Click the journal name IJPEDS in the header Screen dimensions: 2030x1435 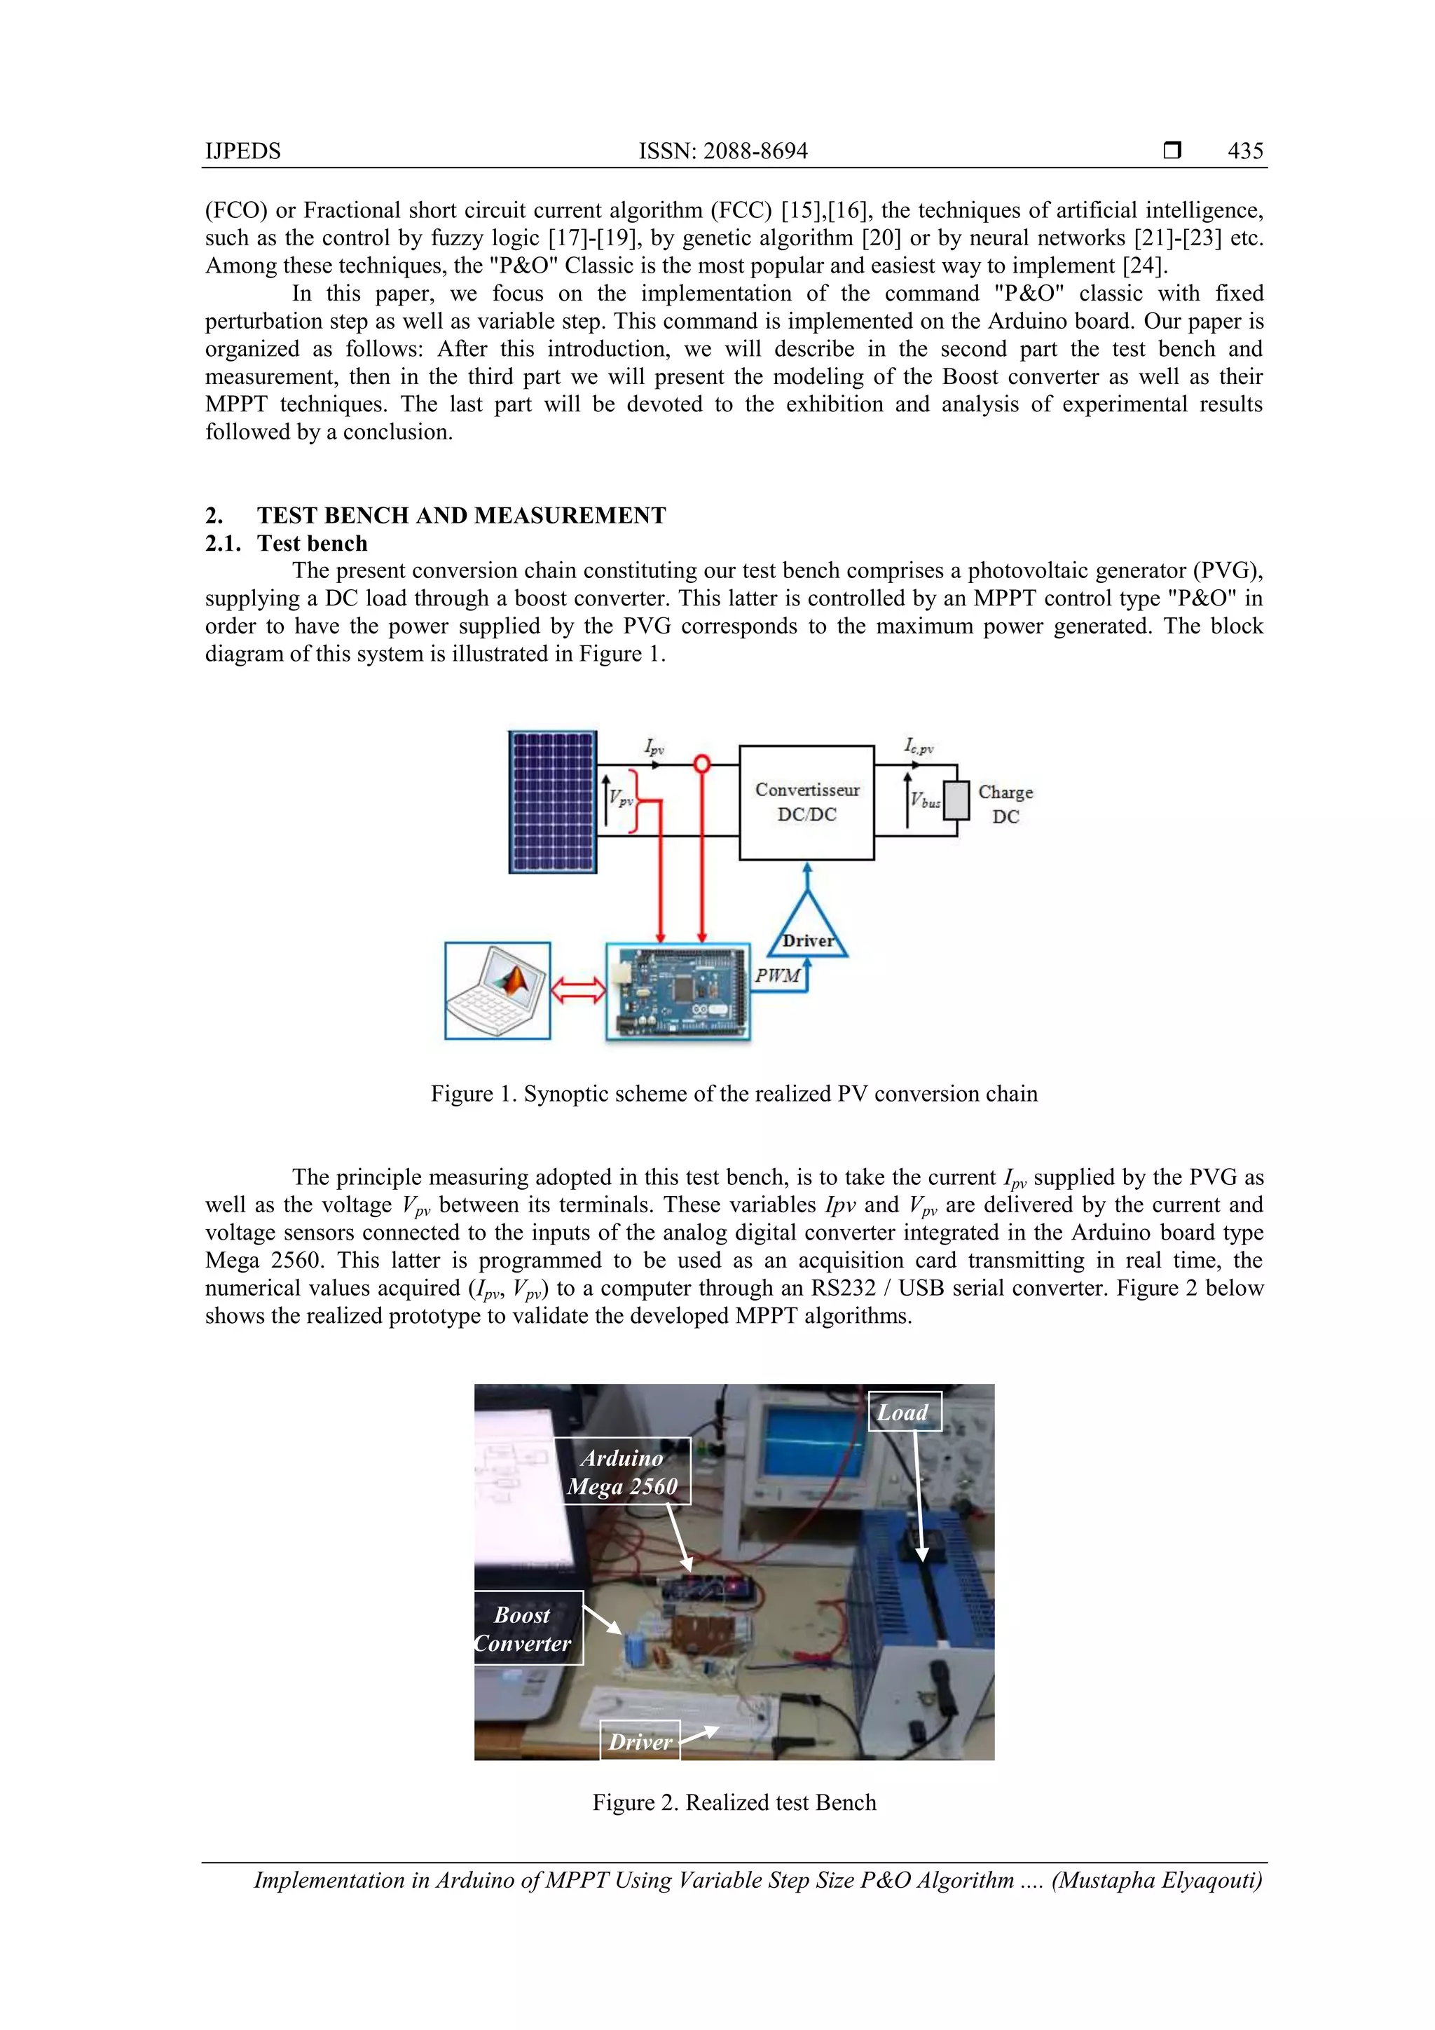tap(242, 151)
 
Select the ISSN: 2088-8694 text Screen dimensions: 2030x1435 tap(722, 151)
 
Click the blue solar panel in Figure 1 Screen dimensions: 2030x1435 tap(553, 802)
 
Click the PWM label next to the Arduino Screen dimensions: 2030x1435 tap(777, 975)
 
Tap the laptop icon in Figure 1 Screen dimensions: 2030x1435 tap(497, 990)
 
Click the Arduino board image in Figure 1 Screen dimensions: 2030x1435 tap(678, 992)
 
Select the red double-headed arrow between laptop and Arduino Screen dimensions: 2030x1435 tap(577, 990)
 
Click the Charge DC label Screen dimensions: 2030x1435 tap(1005, 804)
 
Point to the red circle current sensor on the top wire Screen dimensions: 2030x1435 tap(702, 762)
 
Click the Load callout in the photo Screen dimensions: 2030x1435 tap(904, 1412)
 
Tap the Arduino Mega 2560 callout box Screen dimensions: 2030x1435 tap(622, 1472)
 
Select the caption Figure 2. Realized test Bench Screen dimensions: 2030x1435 tap(734, 1802)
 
